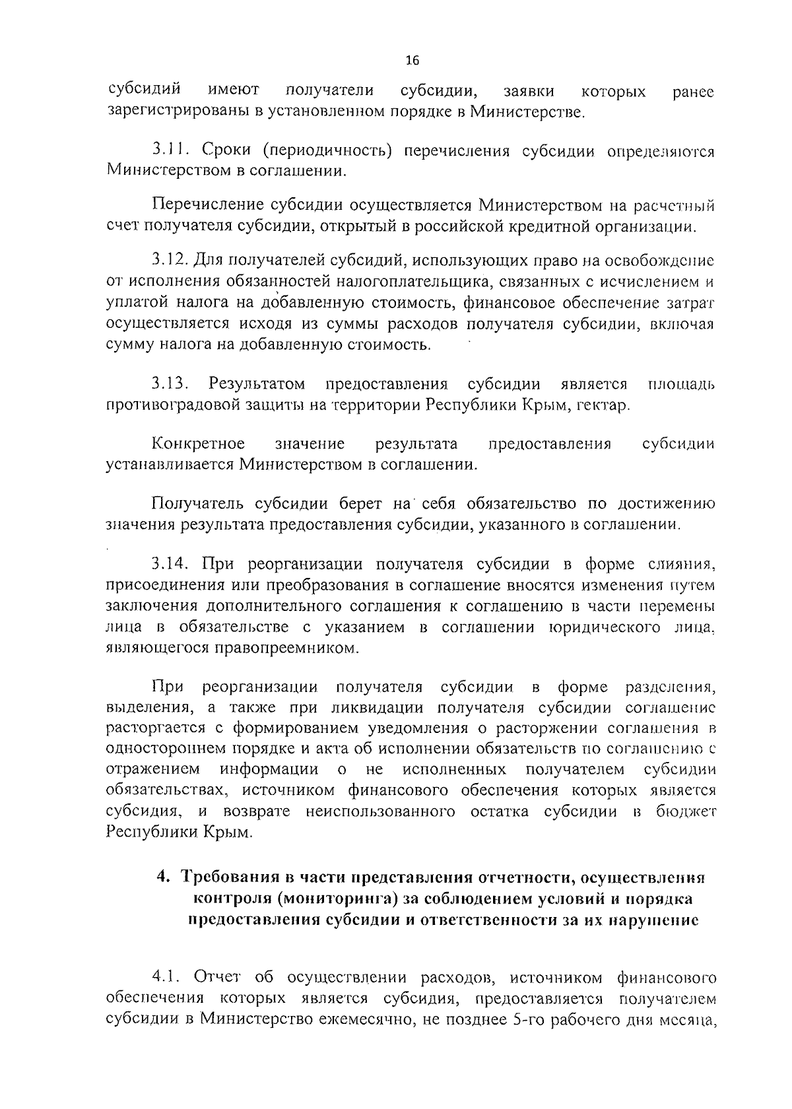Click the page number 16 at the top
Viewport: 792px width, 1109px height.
pyautogui.click(x=412, y=61)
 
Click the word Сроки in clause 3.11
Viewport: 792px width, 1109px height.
pyautogui.click(x=225, y=151)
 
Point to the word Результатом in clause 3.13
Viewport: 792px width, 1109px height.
pyautogui.click(x=257, y=384)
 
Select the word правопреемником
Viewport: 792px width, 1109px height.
pyautogui.click(x=286, y=649)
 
